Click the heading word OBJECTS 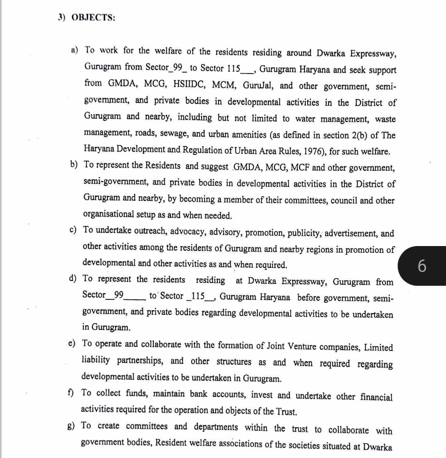click(x=93, y=17)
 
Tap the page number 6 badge click(x=422, y=266)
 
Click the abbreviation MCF click(x=300, y=168)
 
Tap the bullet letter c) click(x=73, y=230)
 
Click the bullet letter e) click(x=72, y=343)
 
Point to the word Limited click(x=378, y=347)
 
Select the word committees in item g click(x=146, y=426)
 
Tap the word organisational click(x=108, y=214)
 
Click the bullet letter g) click(x=71, y=426)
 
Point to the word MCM click(x=224, y=85)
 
